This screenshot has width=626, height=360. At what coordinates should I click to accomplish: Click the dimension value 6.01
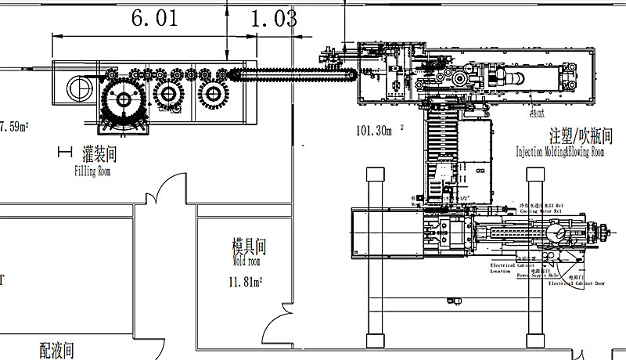pyautogui.click(x=155, y=19)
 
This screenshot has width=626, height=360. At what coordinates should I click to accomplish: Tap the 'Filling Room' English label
pyautogui.click(x=92, y=171)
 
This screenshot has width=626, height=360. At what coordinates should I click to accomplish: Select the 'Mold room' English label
pyautogui.click(x=243, y=262)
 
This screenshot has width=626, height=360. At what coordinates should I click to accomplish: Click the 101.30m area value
pyautogui.click(x=373, y=131)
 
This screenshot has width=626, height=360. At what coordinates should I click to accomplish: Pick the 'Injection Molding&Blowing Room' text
pyautogui.click(x=559, y=153)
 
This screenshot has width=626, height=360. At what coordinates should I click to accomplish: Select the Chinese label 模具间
pyautogui.click(x=250, y=247)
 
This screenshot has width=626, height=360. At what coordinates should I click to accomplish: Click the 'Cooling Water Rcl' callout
pyautogui.click(x=541, y=210)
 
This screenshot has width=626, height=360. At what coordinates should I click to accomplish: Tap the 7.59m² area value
pyautogui.click(x=14, y=126)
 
